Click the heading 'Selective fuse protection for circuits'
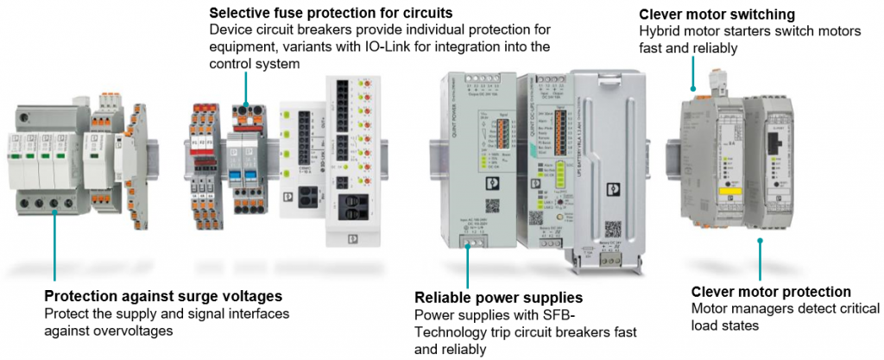pyautogui.click(x=331, y=13)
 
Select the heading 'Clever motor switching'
pyautogui.click(x=717, y=15)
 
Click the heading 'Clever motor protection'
pyautogui.click(x=771, y=292)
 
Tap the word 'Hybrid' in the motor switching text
pyautogui.click(x=660, y=32)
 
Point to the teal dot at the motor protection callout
pyautogui.click(x=760, y=241)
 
